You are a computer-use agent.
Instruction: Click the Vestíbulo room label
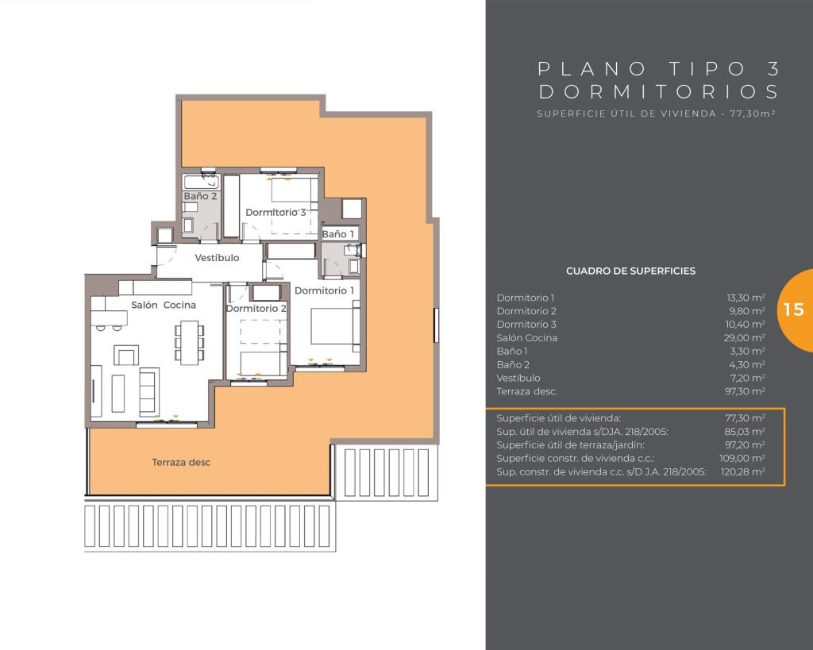tap(217, 258)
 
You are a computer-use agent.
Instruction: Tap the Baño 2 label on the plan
tap(200, 196)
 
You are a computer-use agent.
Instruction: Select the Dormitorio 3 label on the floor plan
tap(275, 212)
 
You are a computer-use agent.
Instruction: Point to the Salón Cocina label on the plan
tap(164, 305)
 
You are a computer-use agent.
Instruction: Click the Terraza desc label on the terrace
tap(181, 463)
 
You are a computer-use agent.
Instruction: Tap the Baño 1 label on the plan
tap(337, 234)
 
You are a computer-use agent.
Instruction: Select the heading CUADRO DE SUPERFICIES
tap(630, 271)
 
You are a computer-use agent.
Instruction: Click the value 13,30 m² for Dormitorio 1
tap(746, 298)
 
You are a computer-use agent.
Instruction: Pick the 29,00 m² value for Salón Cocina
tap(745, 337)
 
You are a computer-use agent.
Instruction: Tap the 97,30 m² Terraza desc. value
tap(745, 390)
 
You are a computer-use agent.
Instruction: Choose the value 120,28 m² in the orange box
tap(742, 471)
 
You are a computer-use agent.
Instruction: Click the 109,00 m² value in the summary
tap(742, 458)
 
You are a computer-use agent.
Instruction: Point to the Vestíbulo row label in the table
tap(518, 378)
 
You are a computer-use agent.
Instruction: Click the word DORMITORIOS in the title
tap(658, 92)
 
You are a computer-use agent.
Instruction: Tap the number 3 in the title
tap(773, 68)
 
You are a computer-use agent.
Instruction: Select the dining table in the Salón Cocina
tap(189, 343)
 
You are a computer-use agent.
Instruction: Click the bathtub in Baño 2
tap(202, 182)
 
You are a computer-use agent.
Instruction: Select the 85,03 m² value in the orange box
tap(745, 431)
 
